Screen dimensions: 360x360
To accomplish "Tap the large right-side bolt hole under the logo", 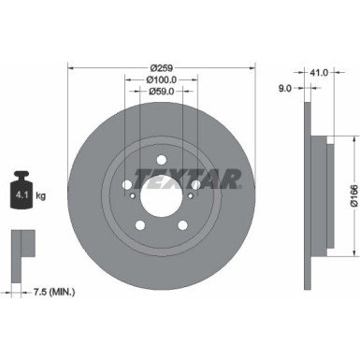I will click(194, 183).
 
